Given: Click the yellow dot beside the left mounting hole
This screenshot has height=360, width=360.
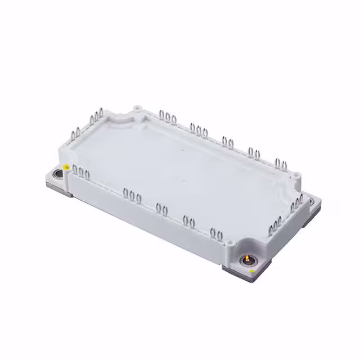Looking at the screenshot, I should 67,167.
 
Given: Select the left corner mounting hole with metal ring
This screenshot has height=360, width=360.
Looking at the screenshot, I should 57,174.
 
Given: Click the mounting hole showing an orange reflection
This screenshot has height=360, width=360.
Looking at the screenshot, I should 246,259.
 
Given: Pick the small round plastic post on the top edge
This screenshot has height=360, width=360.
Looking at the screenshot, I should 137,107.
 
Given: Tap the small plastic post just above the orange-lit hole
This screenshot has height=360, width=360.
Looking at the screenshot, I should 229,244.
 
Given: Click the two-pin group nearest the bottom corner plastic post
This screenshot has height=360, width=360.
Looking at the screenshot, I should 215,233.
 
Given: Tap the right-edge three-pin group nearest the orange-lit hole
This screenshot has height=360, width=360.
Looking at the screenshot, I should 276,226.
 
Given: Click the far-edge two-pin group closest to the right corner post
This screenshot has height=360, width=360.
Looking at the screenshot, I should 280,164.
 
